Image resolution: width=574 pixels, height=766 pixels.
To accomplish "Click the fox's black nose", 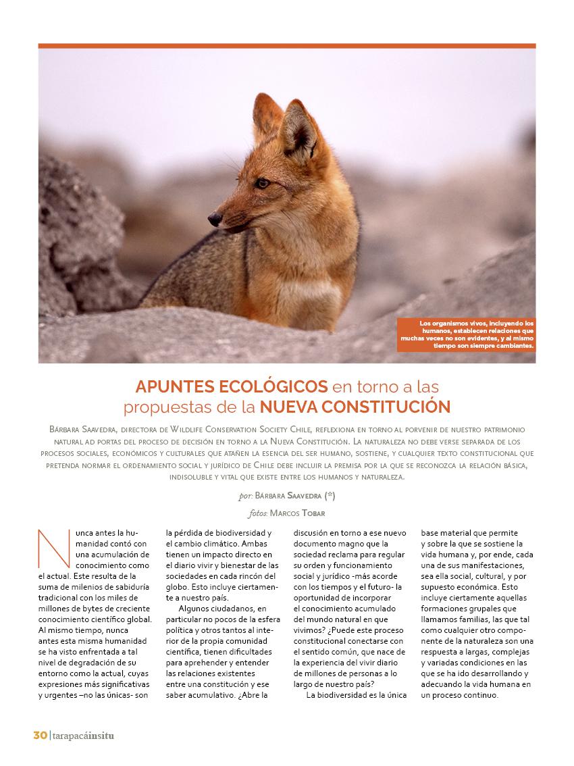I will point(215,218).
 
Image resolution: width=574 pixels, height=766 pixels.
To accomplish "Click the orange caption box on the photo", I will point(466,334).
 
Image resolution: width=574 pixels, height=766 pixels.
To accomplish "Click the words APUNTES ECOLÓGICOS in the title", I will point(232,387).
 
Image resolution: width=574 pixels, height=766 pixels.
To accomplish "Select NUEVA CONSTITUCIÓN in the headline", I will point(355,407).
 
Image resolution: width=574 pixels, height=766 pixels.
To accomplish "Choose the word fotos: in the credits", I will point(259,513).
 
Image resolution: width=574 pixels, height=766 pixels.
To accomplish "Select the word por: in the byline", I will point(245,496).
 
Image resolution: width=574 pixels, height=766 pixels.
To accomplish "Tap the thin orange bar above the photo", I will point(286,46).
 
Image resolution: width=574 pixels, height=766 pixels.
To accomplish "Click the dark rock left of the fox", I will point(74,230).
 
